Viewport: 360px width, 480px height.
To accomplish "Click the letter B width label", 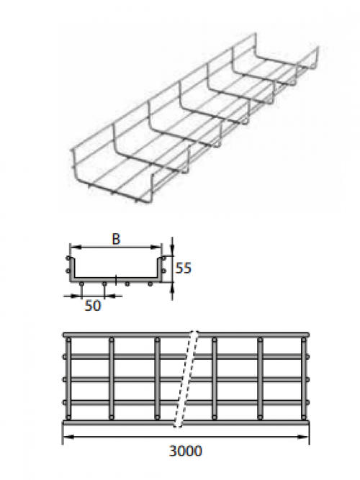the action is [x=116, y=239].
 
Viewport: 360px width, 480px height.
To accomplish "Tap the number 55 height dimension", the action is [x=183, y=268].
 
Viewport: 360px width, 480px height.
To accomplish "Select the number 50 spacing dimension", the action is [x=93, y=306].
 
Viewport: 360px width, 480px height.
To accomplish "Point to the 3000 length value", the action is [x=186, y=451].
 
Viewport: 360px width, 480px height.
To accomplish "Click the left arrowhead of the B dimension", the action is [x=74, y=247].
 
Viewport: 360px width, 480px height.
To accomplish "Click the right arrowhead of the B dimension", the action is [x=156, y=247].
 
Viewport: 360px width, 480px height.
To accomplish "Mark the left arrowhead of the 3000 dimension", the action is [x=68, y=437].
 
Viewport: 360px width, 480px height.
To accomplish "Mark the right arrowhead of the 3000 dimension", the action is [x=304, y=437].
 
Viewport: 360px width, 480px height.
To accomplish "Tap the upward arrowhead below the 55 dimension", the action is [x=172, y=287].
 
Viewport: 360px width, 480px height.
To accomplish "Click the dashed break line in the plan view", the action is [x=186, y=379].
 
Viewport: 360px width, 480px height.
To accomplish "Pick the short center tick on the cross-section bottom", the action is [x=116, y=279].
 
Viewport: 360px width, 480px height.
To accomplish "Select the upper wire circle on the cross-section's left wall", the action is [x=68, y=258].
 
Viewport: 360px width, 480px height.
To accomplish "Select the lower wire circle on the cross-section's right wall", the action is [x=163, y=271].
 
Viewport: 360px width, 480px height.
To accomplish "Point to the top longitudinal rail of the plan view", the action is [x=186, y=335].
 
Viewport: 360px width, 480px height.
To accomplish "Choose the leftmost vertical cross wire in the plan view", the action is [x=68, y=379].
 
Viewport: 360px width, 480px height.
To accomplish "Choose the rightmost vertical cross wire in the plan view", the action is [x=304, y=379].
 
